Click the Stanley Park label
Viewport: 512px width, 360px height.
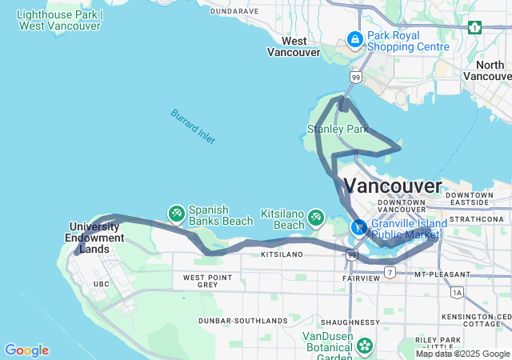[x=338, y=129]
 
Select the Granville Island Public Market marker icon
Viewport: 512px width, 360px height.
[x=359, y=226]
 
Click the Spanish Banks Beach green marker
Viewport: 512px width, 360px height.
[x=176, y=213]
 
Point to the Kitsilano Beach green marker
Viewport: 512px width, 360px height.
[x=316, y=217]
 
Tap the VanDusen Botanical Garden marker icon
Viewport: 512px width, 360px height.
[x=366, y=346]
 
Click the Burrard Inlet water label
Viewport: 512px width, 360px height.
[x=193, y=126]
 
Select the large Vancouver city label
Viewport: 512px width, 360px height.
[x=393, y=186]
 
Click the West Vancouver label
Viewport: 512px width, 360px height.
[x=294, y=46]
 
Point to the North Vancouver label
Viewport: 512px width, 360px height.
[x=487, y=70]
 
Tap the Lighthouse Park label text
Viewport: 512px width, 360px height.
[x=58, y=20]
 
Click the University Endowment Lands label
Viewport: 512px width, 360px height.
[x=97, y=238]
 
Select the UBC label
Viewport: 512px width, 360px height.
[x=102, y=284]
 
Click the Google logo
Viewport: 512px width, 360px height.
[x=26, y=350]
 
